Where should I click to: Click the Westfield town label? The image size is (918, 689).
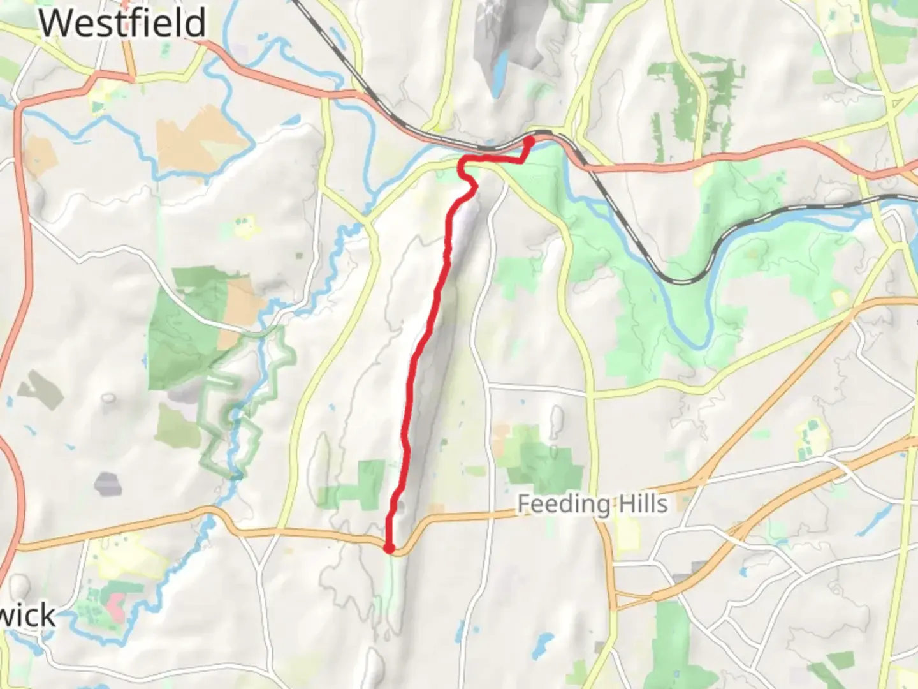tap(122, 23)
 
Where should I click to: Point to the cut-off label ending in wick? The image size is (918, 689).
tap(29, 616)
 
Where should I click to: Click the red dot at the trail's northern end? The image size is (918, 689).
tap(529, 140)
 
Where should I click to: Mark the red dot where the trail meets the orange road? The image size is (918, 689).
tap(389, 547)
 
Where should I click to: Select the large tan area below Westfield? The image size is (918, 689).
tap(198, 140)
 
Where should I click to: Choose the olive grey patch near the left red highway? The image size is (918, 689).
tap(42, 389)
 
